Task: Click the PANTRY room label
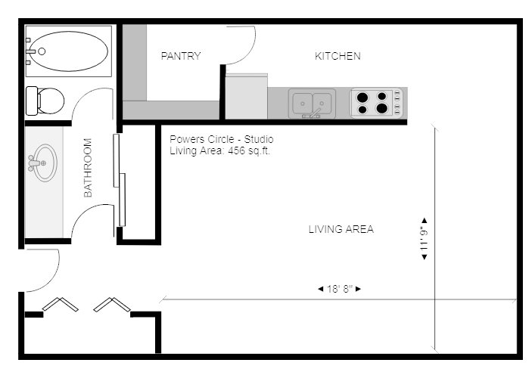pos(181,56)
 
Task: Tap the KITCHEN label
pos(338,56)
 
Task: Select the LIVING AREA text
pos(341,229)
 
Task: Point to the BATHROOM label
pos(88,168)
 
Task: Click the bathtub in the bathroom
pos(69,51)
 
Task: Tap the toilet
pos(45,101)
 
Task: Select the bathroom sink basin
pos(45,163)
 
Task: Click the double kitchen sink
pos(312,103)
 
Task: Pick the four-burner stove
pos(377,103)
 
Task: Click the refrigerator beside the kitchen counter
pos(246,96)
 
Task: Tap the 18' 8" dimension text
pos(340,289)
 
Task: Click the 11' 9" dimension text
pos(424,239)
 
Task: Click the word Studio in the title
pos(259,139)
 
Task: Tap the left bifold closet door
pos(61,304)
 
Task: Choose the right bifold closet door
pos(112,304)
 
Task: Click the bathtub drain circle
pos(42,51)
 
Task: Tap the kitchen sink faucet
pos(313,114)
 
